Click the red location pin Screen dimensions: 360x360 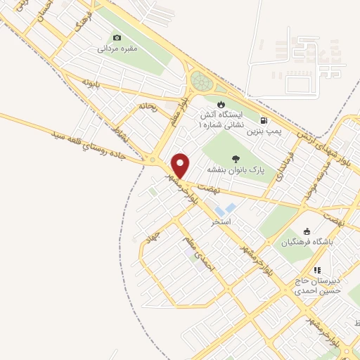[181, 165]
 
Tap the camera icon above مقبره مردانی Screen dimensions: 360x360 [117, 37]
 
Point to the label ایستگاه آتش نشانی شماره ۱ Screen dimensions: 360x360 [222, 119]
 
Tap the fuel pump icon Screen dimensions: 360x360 [264, 120]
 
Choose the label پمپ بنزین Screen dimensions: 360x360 [268, 131]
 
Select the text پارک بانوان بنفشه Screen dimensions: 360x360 [235, 170]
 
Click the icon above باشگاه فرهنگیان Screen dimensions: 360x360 [306, 231]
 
